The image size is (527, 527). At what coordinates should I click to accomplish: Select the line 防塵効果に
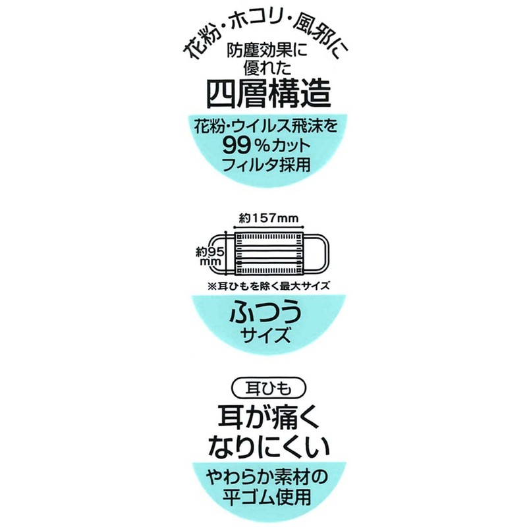click(x=263, y=51)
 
